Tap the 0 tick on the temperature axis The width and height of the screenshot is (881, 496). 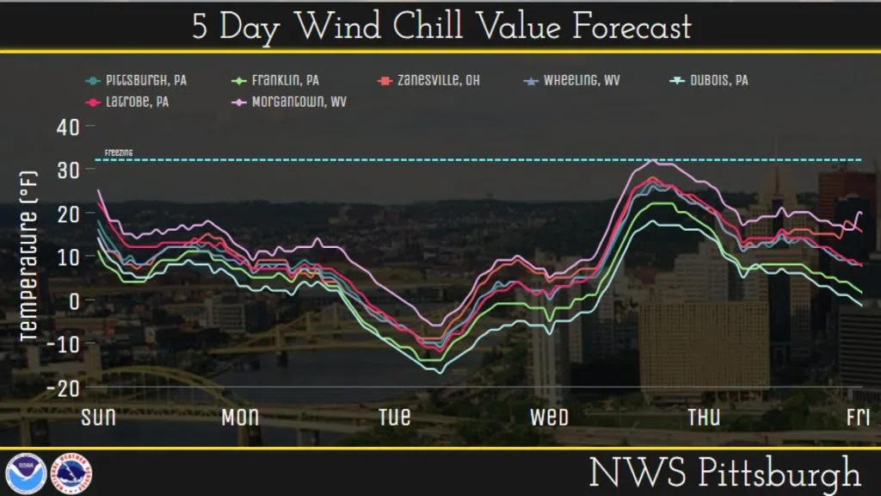[x=75, y=301]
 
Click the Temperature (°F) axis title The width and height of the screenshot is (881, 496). [x=28, y=253]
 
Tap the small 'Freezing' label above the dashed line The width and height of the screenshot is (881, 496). [x=119, y=152]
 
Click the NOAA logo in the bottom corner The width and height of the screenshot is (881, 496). [x=26, y=474]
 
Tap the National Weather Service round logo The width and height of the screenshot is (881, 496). [x=74, y=474]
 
